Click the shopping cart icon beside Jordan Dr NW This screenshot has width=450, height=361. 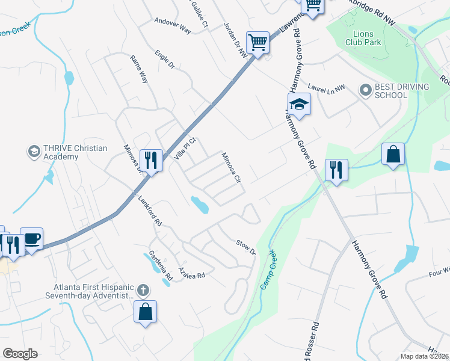[x=257, y=43]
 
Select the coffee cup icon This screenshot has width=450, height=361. [x=31, y=239]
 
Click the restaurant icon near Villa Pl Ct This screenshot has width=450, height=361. [x=151, y=160]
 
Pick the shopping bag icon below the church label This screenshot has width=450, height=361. [x=145, y=312]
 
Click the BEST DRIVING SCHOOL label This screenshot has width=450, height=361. [x=401, y=91]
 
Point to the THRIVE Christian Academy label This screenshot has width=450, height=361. [x=67, y=152]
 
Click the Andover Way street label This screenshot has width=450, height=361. [x=173, y=29]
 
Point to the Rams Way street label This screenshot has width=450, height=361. [x=139, y=69]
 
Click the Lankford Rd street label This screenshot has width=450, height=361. [x=150, y=210]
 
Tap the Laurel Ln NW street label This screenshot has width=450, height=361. [x=327, y=87]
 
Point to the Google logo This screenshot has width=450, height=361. [x=20, y=354]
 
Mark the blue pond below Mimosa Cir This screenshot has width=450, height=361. [x=200, y=205]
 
